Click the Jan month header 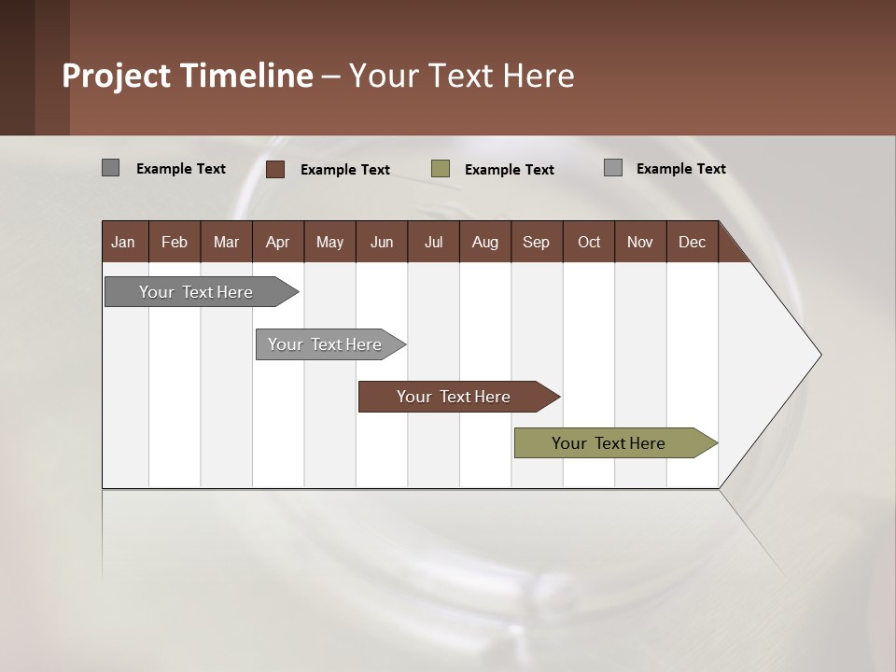[123, 242]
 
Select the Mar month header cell [226, 242]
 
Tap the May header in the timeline [329, 242]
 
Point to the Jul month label [433, 242]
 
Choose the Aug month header [484, 242]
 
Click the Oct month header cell [588, 242]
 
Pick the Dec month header [692, 242]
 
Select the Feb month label [175, 242]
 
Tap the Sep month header [536, 242]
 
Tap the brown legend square [275, 169]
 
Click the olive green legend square [441, 169]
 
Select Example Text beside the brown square [344, 170]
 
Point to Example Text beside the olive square [509, 170]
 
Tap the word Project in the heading [117, 76]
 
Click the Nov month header [639, 242]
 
